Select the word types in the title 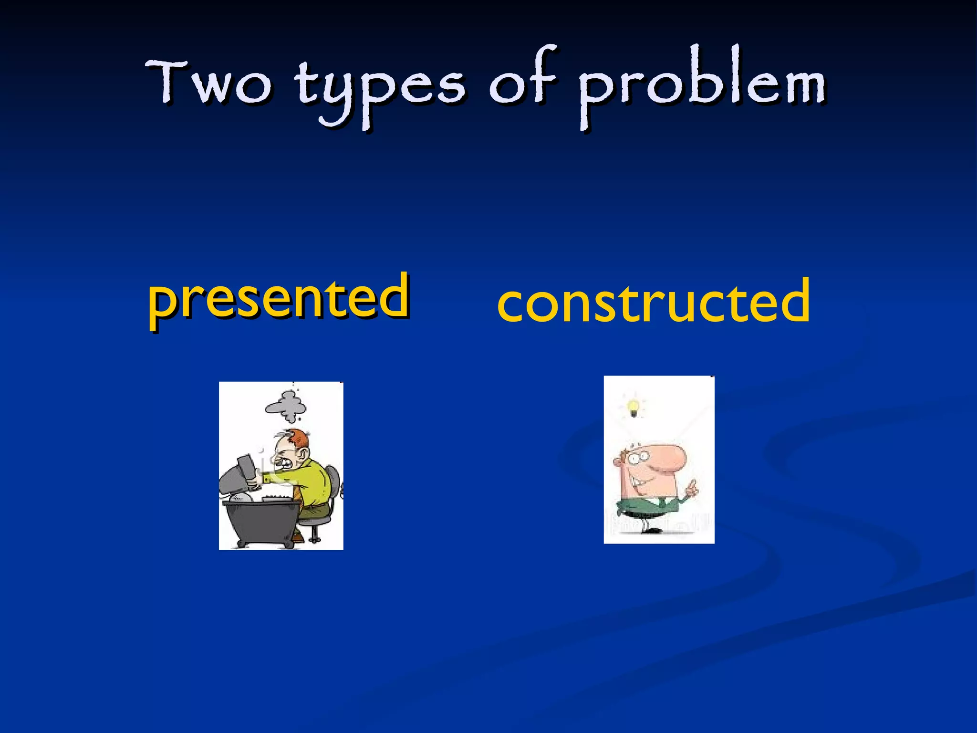[379, 88]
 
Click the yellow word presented [279, 298]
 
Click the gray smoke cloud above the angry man [286, 406]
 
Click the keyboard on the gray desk [277, 498]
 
